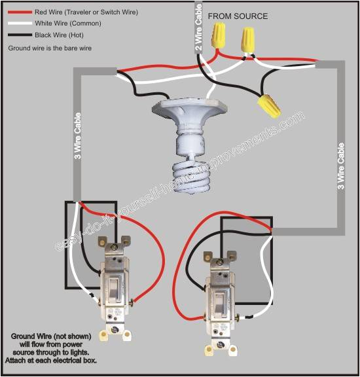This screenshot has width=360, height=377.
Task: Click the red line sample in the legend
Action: pos(18,12)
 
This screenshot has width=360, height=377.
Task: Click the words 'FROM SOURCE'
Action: pos(237,16)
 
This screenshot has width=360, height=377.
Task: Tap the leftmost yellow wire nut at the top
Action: pos(218,35)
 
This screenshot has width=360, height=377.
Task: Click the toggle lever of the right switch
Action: pos(219,299)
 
